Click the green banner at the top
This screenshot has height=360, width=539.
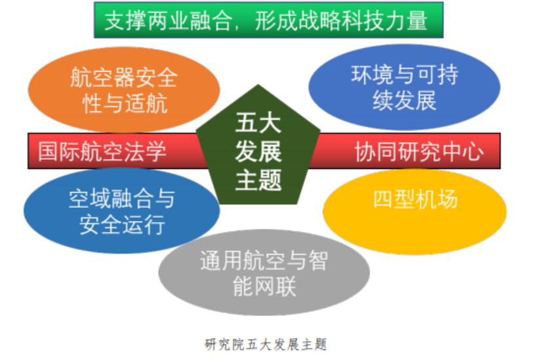[x=268, y=20]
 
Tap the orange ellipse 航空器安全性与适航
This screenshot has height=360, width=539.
[x=124, y=90]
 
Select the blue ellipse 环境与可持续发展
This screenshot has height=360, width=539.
[x=404, y=87]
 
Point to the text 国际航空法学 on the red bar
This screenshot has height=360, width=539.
[x=102, y=151]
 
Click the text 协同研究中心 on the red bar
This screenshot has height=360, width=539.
[x=419, y=151]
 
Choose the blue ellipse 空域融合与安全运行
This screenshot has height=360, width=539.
[x=122, y=210]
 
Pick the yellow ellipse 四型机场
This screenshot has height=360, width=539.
[x=414, y=212]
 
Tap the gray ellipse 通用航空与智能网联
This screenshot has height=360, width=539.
[x=264, y=272]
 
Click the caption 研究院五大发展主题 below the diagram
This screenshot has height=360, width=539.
[x=266, y=344]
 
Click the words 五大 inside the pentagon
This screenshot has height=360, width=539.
[x=258, y=123]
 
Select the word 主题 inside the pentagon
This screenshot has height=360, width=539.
[x=258, y=180]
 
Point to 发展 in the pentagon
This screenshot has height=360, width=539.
[x=258, y=151]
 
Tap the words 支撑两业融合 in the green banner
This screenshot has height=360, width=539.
[x=168, y=20]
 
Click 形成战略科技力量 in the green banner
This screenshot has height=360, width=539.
[x=342, y=20]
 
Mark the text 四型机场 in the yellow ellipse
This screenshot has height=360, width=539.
[x=415, y=199]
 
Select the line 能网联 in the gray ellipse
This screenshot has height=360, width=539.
[x=264, y=286]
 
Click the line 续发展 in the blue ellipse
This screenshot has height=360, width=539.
[x=405, y=100]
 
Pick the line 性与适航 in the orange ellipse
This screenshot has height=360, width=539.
[x=125, y=103]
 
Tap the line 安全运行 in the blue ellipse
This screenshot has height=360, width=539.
[x=122, y=224]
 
